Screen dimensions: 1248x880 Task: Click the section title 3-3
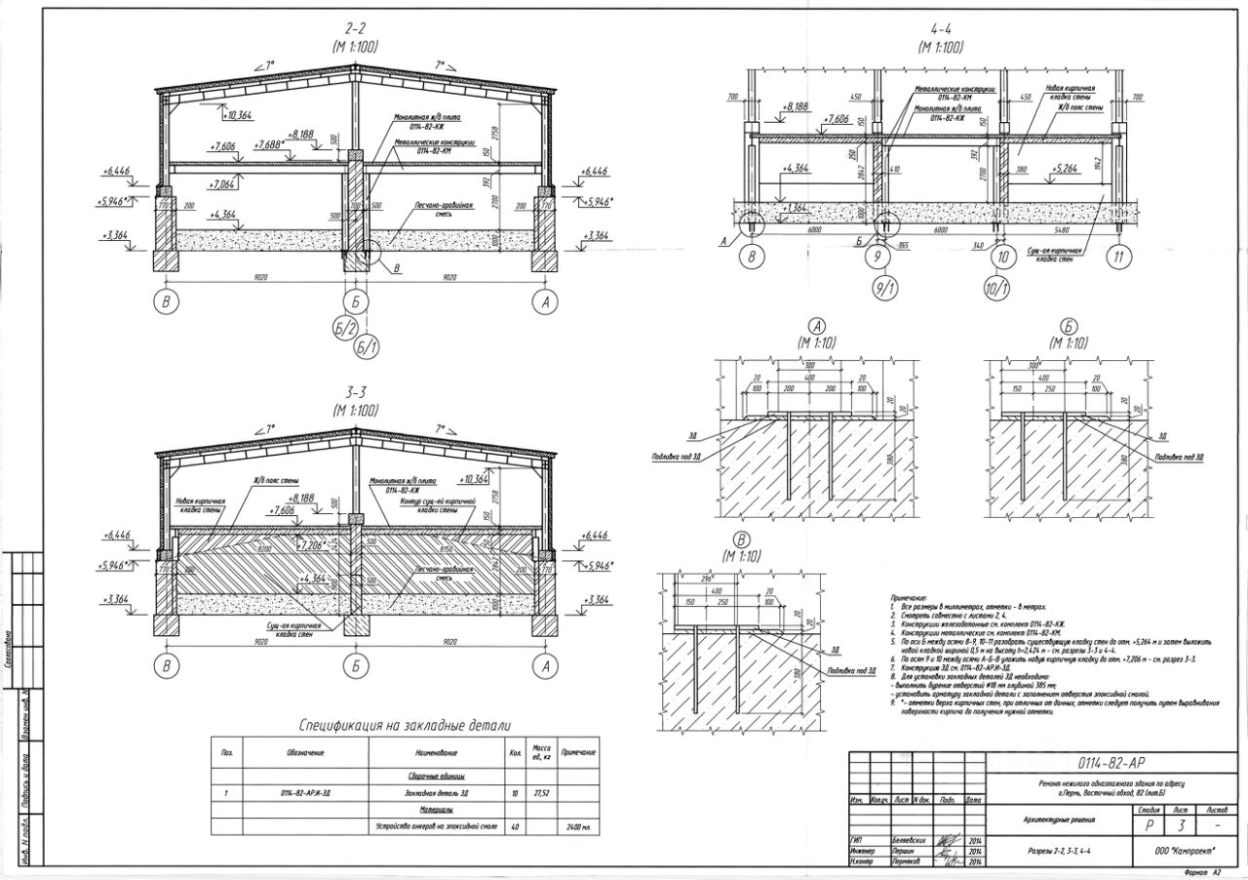click(x=355, y=391)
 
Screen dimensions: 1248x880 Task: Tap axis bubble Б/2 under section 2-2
click(x=345, y=330)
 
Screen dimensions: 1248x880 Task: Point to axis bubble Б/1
click(x=367, y=346)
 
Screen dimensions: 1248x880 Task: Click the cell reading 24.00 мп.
click(x=577, y=827)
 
